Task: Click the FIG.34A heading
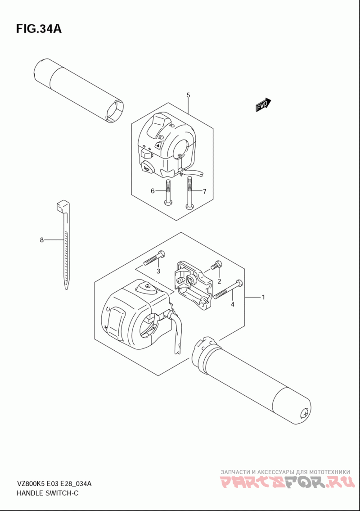(39, 29)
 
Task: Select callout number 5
(188, 95)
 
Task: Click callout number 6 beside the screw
(153, 191)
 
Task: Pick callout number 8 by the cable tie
(41, 240)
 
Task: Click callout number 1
(263, 297)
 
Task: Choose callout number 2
(219, 281)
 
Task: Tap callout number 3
(158, 271)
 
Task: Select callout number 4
(233, 304)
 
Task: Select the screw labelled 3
(154, 258)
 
